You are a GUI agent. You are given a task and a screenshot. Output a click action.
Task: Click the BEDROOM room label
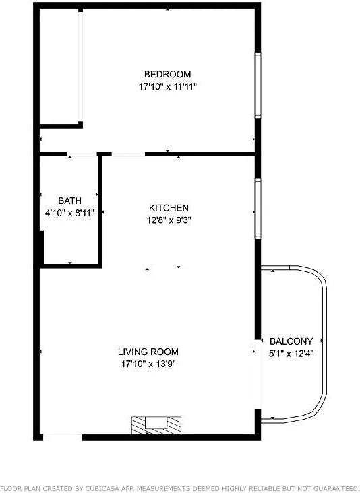tap(167, 74)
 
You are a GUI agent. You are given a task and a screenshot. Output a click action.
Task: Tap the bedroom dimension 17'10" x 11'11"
tap(167, 86)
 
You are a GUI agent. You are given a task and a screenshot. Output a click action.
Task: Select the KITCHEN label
tap(169, 208)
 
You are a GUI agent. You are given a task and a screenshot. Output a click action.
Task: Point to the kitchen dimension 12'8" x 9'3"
tap(169, 220)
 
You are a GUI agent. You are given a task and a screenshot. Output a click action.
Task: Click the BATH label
tap(69, 201)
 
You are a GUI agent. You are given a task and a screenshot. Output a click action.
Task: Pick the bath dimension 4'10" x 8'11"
tap(69, 213)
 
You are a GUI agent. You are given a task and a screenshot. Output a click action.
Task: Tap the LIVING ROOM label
tap(148, 352)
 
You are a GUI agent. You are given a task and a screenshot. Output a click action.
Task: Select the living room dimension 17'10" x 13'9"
tap(148, 364)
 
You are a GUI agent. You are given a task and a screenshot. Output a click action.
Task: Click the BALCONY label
tap(291, 341)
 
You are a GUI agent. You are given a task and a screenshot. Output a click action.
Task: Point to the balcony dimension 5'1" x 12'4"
tap(291, 353)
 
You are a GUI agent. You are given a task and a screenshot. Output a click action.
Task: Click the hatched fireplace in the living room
tap(156, 424)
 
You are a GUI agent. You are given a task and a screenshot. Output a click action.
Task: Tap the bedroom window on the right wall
tap(258, 85)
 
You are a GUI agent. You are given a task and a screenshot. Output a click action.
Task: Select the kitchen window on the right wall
tap(258, 208)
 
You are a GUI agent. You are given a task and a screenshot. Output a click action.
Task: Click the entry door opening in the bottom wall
tap(62, 437)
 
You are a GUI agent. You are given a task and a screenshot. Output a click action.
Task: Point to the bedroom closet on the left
tap(59, 67)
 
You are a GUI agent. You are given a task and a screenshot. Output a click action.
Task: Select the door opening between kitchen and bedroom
tap(128, 154)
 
